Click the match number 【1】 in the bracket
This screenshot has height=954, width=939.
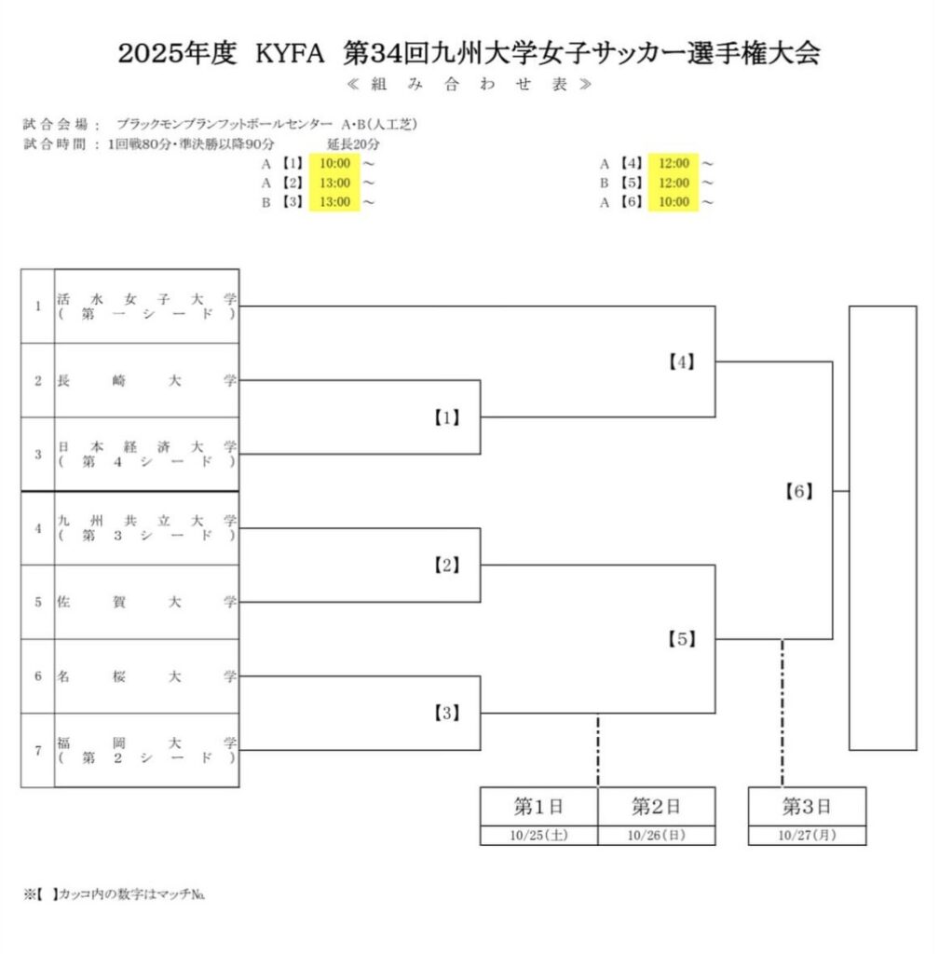click(x=446, y=417)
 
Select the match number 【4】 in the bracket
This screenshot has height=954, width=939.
click(x=682, y=361)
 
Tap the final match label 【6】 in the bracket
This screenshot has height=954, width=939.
click(x=799, y=491)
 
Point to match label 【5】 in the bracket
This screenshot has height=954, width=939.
click(x=682, y=639)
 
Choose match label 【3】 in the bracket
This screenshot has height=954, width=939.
click(x=446, y=714)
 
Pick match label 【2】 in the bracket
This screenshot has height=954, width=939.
click(x=446, y=566)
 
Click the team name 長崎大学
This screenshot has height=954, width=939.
click(x=146, y=380)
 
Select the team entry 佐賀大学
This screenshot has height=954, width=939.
click(x=146, y=602)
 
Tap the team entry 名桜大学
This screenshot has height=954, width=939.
click(x=146, y=676)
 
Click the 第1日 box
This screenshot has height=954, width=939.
click(x=538, y=805)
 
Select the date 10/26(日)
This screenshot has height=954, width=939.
click(x=656, y=836)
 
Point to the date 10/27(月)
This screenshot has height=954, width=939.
click(x=807, y=836)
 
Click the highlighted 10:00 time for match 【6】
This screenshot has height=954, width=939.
click(x=674, y=202)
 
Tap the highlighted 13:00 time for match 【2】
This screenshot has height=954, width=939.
click(x=334, y=183)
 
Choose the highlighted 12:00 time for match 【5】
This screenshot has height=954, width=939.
click(x=674, y=183)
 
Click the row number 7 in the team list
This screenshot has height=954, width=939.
click(x=37, y=751)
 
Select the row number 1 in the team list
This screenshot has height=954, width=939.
click(x=37, y=306)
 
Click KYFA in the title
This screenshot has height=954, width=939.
click(x=289, y=54)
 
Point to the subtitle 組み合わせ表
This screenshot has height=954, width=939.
click(x=468, y=85)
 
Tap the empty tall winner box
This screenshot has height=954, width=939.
click(x=882, y=527)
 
